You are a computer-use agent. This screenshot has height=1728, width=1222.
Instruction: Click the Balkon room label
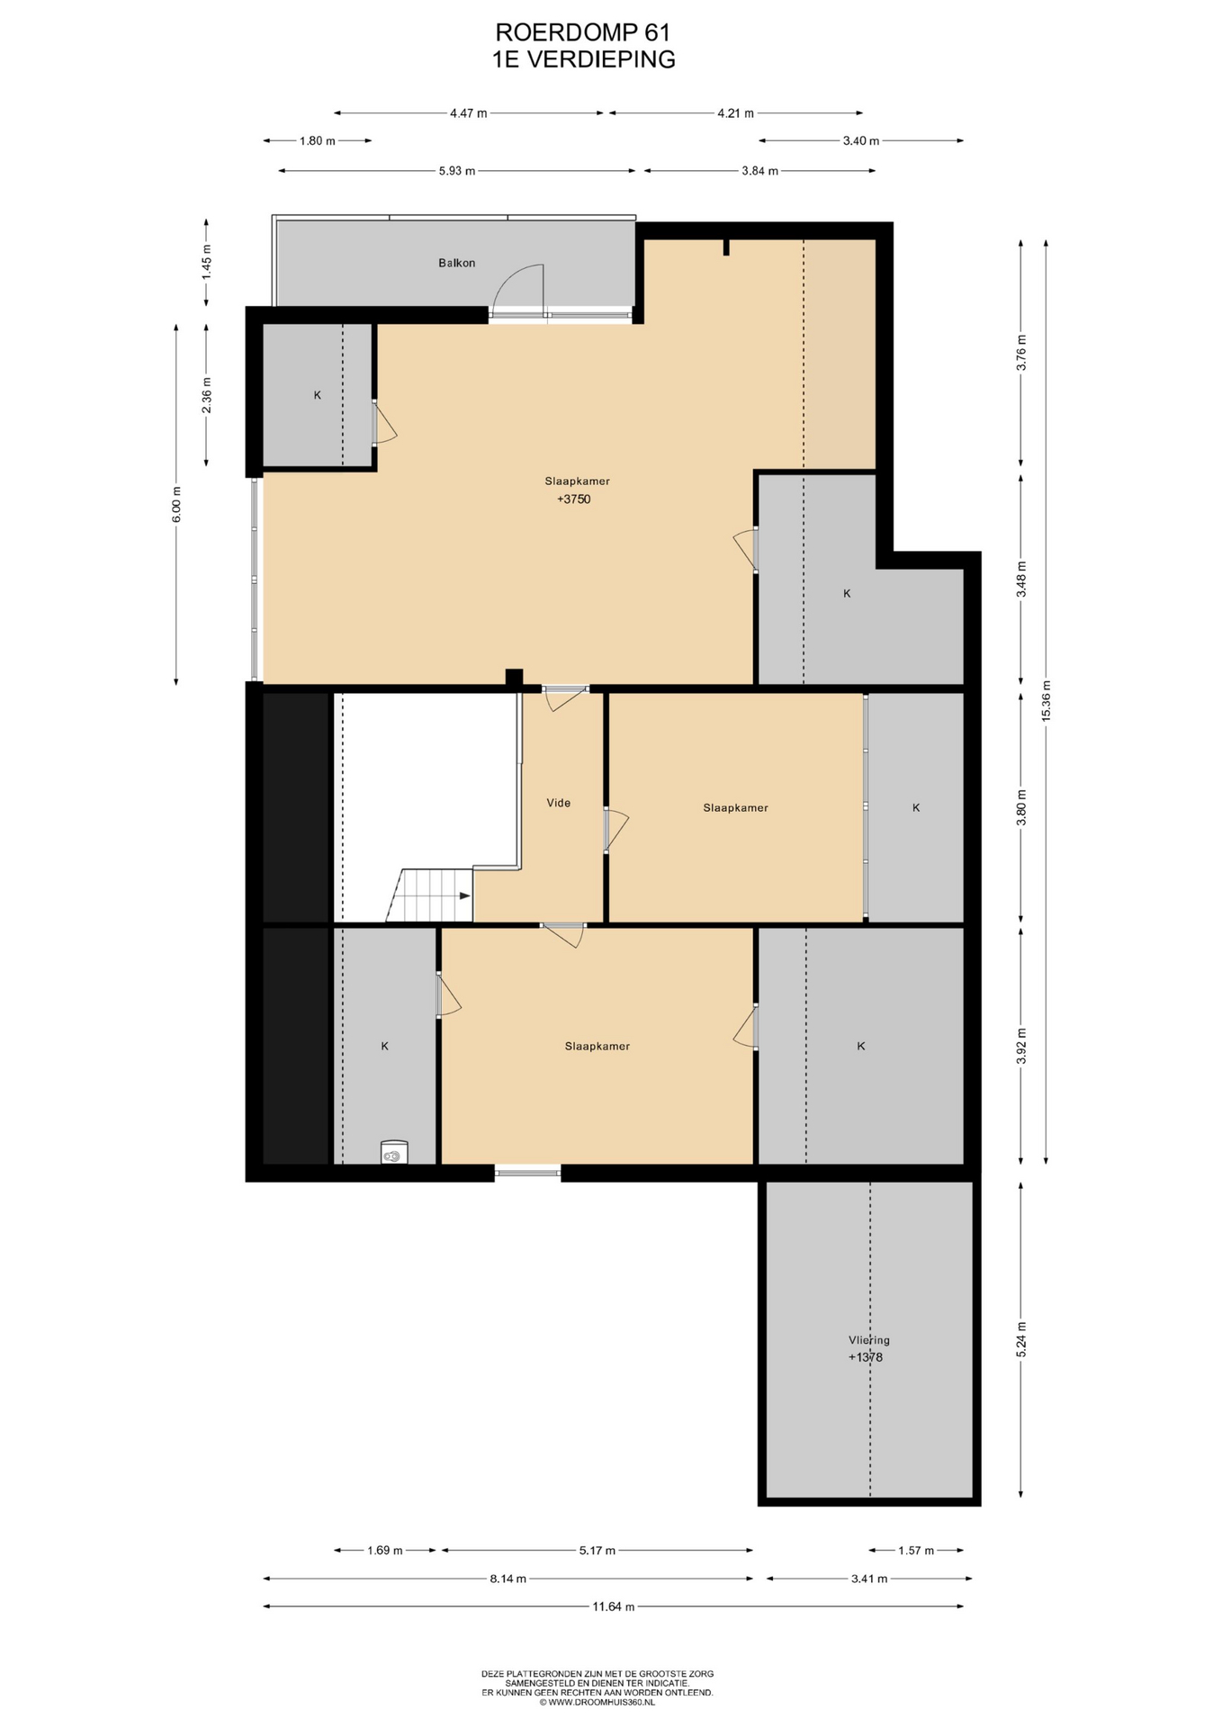[456, 263]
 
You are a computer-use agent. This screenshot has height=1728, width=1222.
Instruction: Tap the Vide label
[558, 803]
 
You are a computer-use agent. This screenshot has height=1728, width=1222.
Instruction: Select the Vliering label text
[868, 1340]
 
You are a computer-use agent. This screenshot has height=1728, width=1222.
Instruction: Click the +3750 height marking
[573, 499]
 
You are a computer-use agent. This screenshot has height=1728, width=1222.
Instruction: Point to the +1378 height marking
[865, 1357]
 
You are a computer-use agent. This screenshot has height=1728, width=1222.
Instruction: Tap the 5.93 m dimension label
[457, 171]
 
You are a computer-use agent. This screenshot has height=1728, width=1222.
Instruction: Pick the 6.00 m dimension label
[176, 504]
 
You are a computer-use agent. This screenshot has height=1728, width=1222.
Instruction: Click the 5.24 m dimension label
[1020, 1339]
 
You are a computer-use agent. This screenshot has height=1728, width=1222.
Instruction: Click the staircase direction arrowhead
[465, 895]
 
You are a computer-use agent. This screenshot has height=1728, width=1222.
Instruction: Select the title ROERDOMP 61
[583, 33]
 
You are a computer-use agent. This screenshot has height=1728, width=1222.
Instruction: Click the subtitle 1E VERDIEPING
[583, 59]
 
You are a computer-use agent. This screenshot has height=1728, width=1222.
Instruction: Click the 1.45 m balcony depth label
[207, 262]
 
